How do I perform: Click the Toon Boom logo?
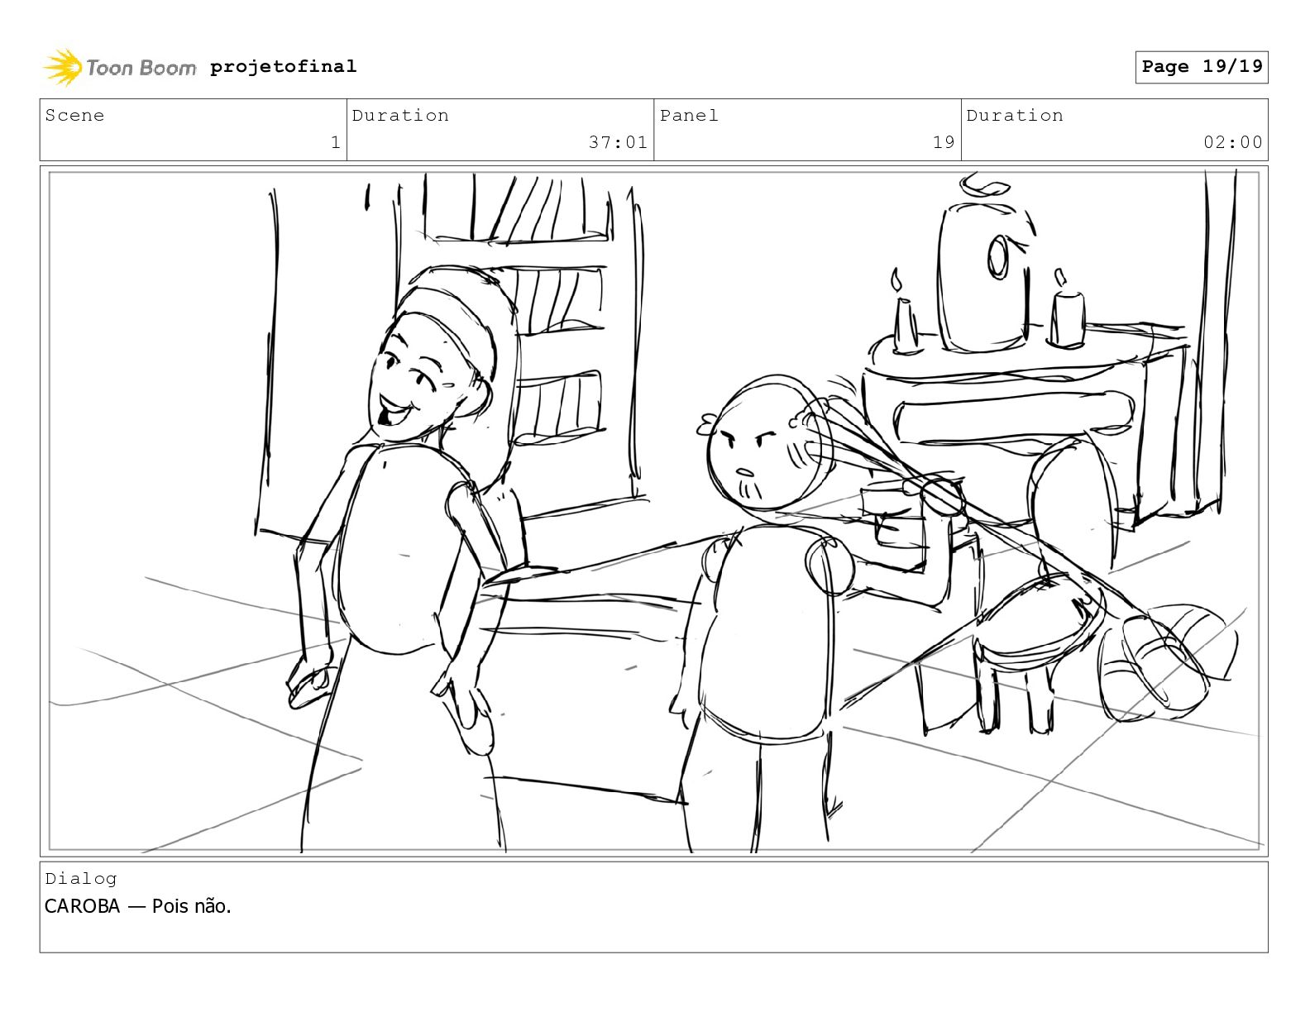[x=119, y=67]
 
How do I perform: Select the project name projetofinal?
[x=284, y=66]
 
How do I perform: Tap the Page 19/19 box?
[x=1202, y=67]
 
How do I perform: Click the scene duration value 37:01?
[x=618, y=142]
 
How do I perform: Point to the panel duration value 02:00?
[x=1233, y=142]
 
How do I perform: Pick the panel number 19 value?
[x=944, y=142]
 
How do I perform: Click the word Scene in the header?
[x=74, y=115]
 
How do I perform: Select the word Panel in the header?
[x=689, y=115]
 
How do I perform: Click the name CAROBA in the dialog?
[x=83, y=906]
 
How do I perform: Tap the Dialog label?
[x=81, y=879]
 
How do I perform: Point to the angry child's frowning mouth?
[x=745, y=472]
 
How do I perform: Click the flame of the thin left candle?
[x=897, y=281]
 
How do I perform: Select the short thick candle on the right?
[x=1068, y=317]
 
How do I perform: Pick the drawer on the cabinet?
[x=1013, y=418]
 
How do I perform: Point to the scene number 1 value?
[x=336, y=142]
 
